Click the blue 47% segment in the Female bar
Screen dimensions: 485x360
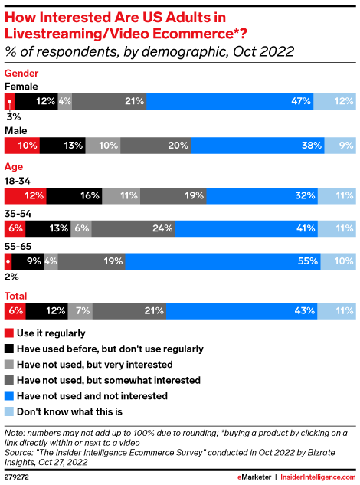230,101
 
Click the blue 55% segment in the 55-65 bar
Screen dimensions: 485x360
223,261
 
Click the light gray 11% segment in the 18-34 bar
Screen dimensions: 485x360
121,195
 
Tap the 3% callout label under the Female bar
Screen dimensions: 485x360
13,116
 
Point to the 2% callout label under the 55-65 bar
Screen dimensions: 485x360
12,276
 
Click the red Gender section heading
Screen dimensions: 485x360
23,73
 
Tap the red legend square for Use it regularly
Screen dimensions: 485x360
9,333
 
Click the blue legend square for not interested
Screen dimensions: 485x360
9,395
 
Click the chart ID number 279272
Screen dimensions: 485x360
17,476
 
